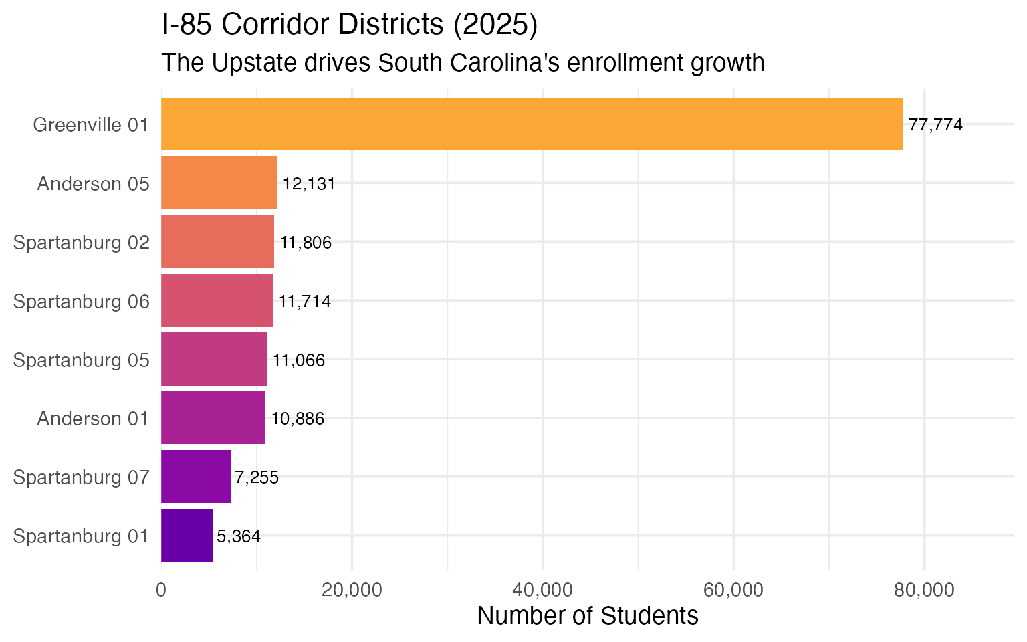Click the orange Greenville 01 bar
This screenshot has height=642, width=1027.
pyautogui.click(x=532, y=124)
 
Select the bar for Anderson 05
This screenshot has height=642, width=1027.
pyautogui.click(x=219, y=183)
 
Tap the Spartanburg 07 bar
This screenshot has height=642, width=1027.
pyautogui.click(x=196, y=477)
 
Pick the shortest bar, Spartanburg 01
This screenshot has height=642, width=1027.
pyautogui.click(x=187, y=536)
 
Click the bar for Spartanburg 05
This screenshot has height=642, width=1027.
pyautogui.click(x=214, y=360)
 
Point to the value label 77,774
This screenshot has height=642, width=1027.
pyautogui.click(x=935, y=125)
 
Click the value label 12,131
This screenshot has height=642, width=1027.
pyautogui.click(x=308, y=184)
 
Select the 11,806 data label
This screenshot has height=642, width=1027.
pyautogui.click(x=306, y=243)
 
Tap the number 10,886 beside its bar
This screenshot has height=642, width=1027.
pyautogui.click(x=298, y=419)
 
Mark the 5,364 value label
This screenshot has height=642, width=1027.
pyautogui.click(x=239, y=536)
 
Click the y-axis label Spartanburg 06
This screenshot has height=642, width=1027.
pyautogui.click(x=82, y=302)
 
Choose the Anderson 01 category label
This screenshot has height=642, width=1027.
pyautogui.click(x=93, y=419)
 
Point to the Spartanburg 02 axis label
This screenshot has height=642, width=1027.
pyautogui.click(x=82, y=243)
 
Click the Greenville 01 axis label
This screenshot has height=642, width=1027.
pyautogui.click(x=91, y=125)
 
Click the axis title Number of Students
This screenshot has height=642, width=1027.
pyautogui.click(x=588, y=616)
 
